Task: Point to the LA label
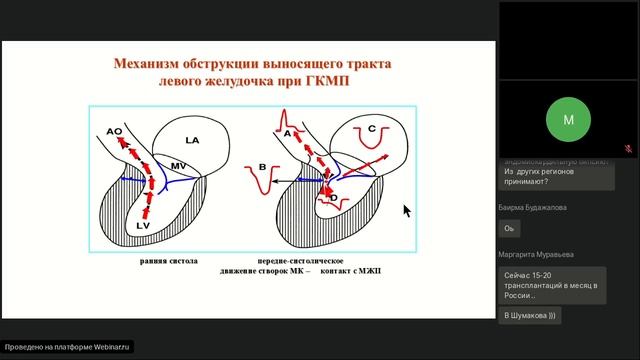(x=192, y=142)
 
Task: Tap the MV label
(x=178, y=165)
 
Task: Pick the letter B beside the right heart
(x=262, y=167)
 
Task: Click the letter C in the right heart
(x=371, y=129)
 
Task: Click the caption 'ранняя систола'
(x=168, y=260)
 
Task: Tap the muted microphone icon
(x=628, y=148)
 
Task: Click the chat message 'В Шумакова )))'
(x=530, y=315)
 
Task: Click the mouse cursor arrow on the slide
(x=406, y=210)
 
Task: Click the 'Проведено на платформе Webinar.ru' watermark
(x=67, y=347)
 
